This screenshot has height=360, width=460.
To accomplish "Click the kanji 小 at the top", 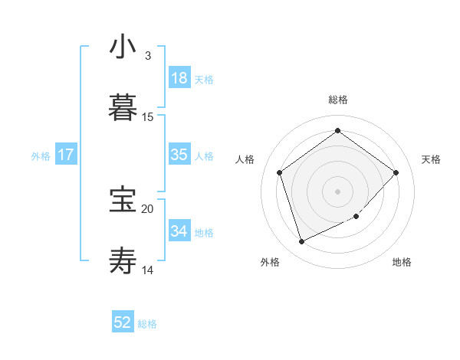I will click(x=123, y=47).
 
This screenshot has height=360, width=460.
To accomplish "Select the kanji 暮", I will click(x=123, y=108).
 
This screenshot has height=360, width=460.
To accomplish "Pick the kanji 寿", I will click(x=123, y=260).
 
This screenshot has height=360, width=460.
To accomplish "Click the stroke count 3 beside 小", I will click(x=148, y=56).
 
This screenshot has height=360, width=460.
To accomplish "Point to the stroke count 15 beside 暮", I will click(x=148, y=117).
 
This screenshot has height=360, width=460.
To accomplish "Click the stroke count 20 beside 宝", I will click(x=148, y=208).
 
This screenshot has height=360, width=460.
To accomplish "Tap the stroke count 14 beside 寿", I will click(x=148, y=270).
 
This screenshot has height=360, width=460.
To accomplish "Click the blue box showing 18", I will click(x=179, y=78).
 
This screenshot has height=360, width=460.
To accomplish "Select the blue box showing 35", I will click(x=179, y=155).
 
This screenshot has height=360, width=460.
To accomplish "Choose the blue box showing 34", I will click(x=179, y=231).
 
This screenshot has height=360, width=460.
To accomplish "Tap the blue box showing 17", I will click(x=66, y=155).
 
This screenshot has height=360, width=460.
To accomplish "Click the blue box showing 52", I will click(x=123, y=322).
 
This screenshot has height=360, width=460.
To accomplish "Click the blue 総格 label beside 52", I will click(x=147, y=324).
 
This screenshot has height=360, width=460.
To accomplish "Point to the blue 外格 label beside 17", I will click(x=41, y=156).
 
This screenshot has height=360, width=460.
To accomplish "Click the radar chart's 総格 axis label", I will click(x=337, y=100).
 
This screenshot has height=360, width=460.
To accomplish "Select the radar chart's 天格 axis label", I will click(x=431, y=159).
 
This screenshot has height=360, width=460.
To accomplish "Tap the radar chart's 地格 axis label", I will click(x=402, y=263).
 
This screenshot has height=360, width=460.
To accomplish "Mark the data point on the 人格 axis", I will click(x=280, y=172).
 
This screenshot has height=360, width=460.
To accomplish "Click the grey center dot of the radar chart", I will click(x=337, y=191).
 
